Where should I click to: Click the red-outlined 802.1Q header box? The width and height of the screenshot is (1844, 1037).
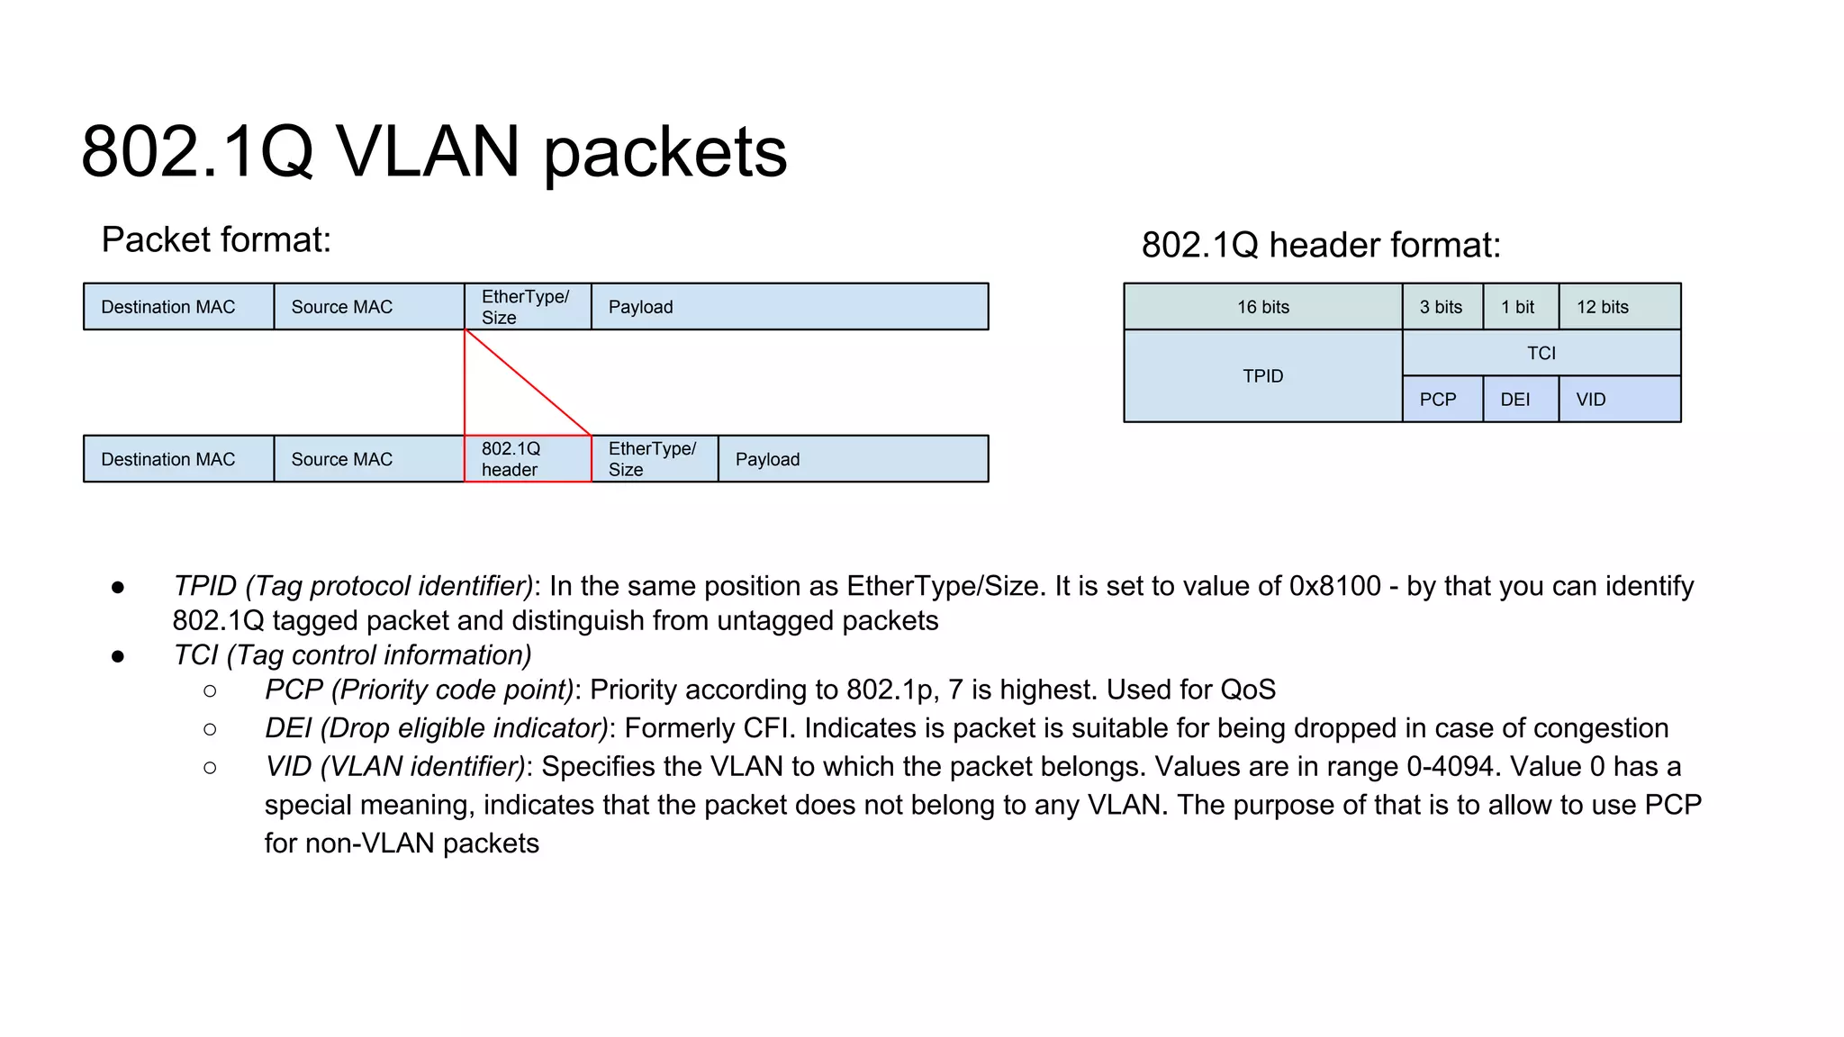tap(528, 459)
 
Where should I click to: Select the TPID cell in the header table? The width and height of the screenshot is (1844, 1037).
tap(1262, 376)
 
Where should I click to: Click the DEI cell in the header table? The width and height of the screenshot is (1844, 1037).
tap(1520, 399)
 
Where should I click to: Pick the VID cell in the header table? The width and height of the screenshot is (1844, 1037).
tap(1619, 399)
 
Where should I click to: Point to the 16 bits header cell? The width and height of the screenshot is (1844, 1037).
tap(1262, 307)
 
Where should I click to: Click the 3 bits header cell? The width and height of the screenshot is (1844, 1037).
tap(1442, 307)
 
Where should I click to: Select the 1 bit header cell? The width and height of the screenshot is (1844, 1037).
tap(1520, 307)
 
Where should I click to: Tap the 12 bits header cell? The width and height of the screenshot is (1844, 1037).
tap(1619, 307)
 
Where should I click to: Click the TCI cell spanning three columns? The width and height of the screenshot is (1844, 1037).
tap(1541, 353)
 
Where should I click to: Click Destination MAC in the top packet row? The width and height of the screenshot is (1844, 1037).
tap(178, 307)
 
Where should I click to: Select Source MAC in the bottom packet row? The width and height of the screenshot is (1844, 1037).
tap(368, 459)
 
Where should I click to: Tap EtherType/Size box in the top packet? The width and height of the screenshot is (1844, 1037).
tap(528, 307)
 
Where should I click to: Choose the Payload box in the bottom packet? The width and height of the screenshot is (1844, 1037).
tap(853, 459)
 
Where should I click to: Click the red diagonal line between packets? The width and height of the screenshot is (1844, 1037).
tap(528, 383)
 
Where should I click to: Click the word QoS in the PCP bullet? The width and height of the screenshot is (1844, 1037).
tap(1248, 690)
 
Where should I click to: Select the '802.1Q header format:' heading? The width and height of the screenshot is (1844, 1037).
tap(1321, 245)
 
